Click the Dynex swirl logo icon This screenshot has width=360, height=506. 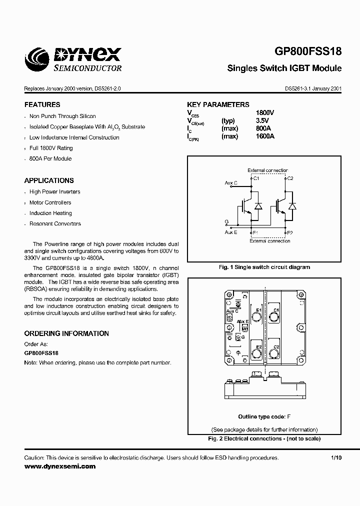[37, 59]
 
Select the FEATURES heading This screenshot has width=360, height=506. [42, 105]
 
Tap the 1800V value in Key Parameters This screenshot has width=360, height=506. [265, 113]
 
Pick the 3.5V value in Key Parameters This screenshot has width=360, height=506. [262, 120]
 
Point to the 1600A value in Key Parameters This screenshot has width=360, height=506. [265, 136]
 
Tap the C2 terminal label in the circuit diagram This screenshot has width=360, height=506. [290, 178]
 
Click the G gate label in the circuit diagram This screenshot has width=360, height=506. [227, 221]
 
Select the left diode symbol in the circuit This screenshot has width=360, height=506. [258, 206]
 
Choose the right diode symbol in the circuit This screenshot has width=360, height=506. [292, 206]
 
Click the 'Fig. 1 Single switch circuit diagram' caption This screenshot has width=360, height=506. [264, 267]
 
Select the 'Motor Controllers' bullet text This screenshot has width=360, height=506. [50, 202]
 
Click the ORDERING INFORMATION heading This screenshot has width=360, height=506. [66, 333]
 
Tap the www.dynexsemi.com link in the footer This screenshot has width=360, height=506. [59, 466]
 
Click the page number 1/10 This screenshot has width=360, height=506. [336, 458]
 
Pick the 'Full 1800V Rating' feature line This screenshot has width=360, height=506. [51, 148]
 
